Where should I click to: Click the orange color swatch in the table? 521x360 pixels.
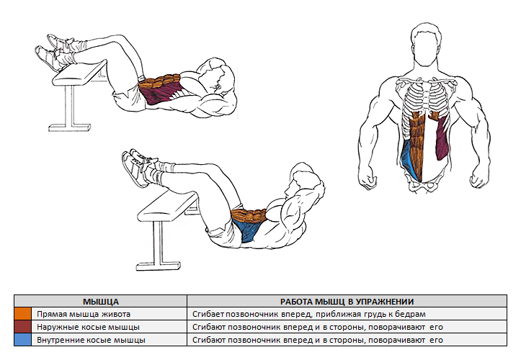pyautogui.click(x=22, y=315)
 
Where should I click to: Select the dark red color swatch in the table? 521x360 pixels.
pyautogui.click(x=22, y=327)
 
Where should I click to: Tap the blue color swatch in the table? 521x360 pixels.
pyautogui.click(x=22, y=339)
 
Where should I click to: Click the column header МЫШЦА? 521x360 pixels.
pyautogui.click(x=100, y=302)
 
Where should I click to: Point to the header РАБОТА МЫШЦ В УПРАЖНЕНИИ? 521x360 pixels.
pyautogui.click(x=351, y=302)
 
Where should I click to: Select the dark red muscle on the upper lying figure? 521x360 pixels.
pyautogui.click(x=157, y=94)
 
